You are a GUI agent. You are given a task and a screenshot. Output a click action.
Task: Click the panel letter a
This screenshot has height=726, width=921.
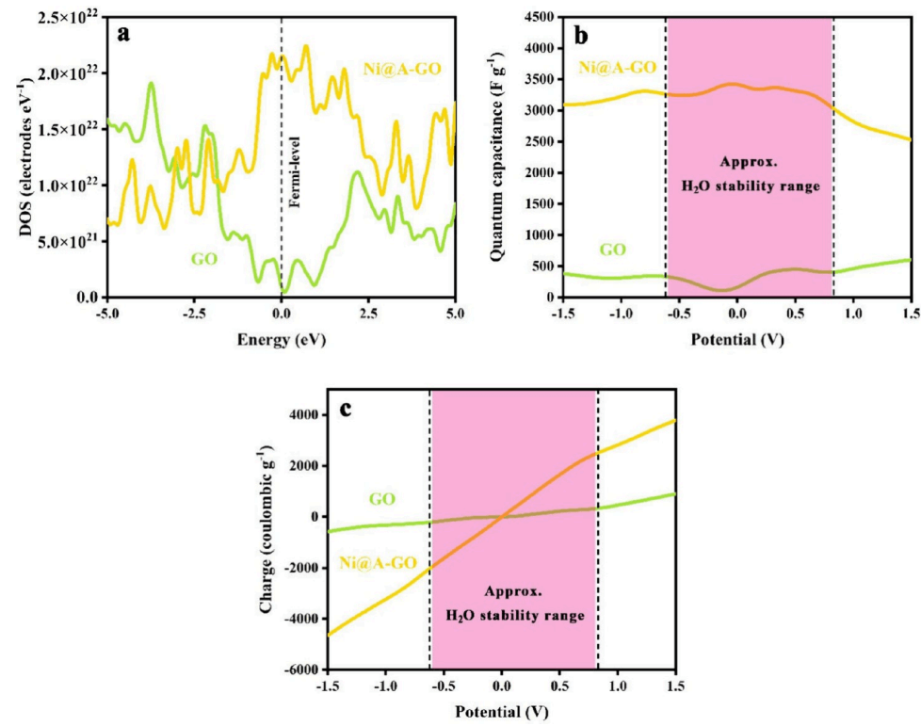tap(122, 34)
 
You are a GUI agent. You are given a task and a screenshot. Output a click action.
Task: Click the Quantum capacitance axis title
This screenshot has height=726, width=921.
tap(501, 155)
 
